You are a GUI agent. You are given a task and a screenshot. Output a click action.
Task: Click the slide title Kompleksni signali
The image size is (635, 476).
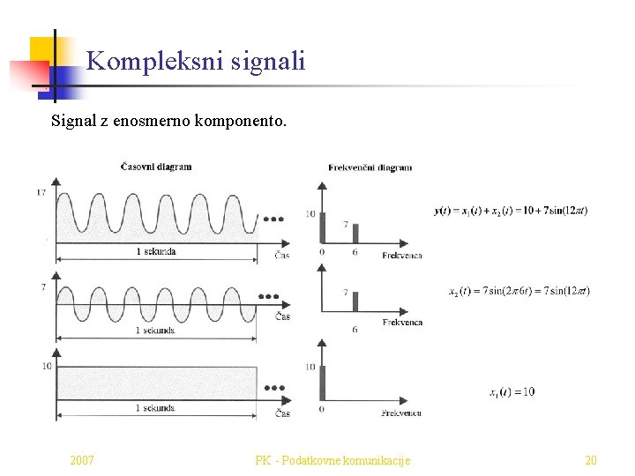[x=196, y=61]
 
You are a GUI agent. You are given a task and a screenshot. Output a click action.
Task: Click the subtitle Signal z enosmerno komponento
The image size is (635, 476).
[x=168, y=120]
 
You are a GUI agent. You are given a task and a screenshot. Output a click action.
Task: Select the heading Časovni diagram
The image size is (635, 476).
[x=156, y=167]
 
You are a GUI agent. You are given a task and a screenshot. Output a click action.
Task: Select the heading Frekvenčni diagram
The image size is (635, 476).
[x=370, y=167]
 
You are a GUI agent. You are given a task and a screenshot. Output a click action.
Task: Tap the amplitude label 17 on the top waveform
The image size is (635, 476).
[x=41, y=192]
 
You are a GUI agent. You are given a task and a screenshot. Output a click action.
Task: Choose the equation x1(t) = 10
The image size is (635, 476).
[x=512, y=391]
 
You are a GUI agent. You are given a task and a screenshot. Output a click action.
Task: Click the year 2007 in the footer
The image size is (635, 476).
[x=82, y=460]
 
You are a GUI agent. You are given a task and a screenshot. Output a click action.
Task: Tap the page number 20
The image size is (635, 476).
[x=591, y=460]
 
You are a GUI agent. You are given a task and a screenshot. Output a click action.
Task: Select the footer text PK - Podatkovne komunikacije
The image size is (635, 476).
[x=332, y=460]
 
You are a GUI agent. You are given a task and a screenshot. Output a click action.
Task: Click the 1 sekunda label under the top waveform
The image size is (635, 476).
[x=155, y=252]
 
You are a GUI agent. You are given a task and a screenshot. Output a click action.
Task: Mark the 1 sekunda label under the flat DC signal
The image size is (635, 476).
[x=154, y=408]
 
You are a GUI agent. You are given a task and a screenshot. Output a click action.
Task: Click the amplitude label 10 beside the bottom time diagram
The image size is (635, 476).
[x=46, y=366]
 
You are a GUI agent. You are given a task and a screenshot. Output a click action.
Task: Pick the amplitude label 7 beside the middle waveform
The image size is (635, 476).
[x=43, y=288]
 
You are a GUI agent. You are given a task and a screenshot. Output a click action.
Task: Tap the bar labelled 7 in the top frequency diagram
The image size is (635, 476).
[x=355, y=234]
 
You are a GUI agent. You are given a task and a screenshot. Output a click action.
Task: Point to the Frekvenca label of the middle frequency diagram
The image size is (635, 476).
[x=402, y=323]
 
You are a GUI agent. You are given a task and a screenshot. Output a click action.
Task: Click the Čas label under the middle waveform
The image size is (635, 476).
[x=282, y=316]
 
